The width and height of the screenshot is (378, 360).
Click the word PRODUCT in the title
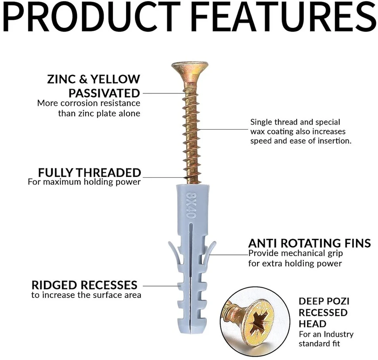(x=92, y=16)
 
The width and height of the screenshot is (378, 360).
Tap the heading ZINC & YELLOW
(x=94, y=79)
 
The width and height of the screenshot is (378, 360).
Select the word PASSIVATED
(x=104, y=93)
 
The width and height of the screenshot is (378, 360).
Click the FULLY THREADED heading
(x=89, y=172)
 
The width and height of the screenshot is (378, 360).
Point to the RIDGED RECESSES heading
(x=84, y=285)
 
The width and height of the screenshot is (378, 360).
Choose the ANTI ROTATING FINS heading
(x=309, y=243)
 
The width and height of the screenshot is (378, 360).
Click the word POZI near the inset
(x=340, y=301)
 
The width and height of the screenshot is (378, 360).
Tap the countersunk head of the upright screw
(x=190, y=68)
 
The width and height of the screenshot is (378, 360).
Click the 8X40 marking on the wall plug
(x=191, y=205)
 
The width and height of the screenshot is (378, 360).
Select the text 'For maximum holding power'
(x=84, y=182)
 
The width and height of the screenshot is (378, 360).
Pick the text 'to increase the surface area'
(x=86, y=295)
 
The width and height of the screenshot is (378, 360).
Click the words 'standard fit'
(x=319, y=343)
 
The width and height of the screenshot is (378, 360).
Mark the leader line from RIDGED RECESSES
(x=162, y=286)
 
